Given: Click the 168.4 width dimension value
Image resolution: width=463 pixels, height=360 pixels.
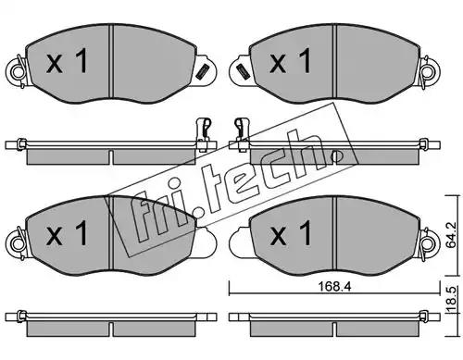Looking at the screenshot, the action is click(x=334, y=287).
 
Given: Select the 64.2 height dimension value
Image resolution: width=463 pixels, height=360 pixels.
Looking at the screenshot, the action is click(x=452, y=235).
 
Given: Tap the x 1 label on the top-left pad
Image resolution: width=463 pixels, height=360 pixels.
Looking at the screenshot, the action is click(x=67, y=61).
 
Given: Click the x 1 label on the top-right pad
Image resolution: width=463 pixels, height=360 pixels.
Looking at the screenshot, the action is click(x=290, y=61).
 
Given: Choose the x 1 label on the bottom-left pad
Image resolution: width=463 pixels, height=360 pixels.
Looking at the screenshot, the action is click(x=67, y=233).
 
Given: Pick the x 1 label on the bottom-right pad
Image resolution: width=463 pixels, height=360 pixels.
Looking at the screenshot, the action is click(x=290, y=233).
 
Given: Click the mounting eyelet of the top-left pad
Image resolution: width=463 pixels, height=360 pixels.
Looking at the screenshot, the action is click(x=18, y=72).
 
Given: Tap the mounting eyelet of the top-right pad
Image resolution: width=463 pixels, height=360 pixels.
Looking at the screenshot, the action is click(x=430, y=72).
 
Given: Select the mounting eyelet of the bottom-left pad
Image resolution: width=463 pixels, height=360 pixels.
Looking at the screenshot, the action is click(x=18, y=244).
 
